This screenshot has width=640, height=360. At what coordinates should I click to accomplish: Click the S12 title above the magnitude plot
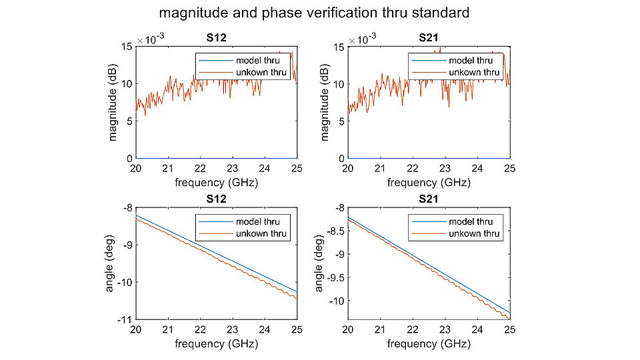[x=215, y=39]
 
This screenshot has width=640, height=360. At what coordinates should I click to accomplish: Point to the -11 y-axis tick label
[x=125, y=320]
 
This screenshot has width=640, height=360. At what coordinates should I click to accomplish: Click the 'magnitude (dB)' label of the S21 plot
[x=325, y=102]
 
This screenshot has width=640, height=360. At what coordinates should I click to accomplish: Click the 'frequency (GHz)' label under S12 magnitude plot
[x=215, y=182]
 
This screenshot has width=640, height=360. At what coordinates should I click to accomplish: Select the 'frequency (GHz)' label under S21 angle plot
[x=428, y=344]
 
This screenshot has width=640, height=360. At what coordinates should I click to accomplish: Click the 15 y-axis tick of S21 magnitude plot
[x=337, y=47]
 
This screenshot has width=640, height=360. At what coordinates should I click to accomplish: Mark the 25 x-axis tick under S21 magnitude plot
[x=510, y=169]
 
